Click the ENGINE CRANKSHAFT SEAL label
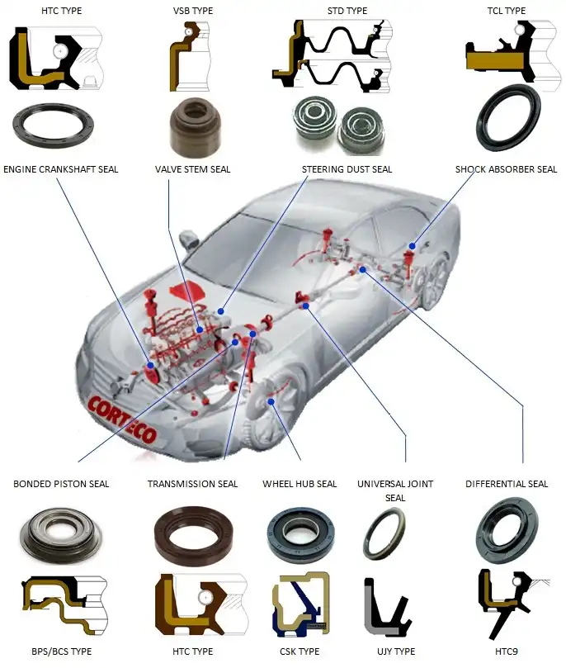tap(60, 169)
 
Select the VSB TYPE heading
tap(192, 11)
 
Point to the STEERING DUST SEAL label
tap(347, 169)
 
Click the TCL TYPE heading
tap(506, 11)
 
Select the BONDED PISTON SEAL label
tap(61, 484)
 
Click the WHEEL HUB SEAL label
tap(300, 484)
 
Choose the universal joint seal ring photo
tap(384, 535)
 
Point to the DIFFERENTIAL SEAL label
tap(506, 484)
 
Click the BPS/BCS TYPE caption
tap(62, 651)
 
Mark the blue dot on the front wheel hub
tap(271, 401)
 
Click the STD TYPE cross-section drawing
tap(333, 56)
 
